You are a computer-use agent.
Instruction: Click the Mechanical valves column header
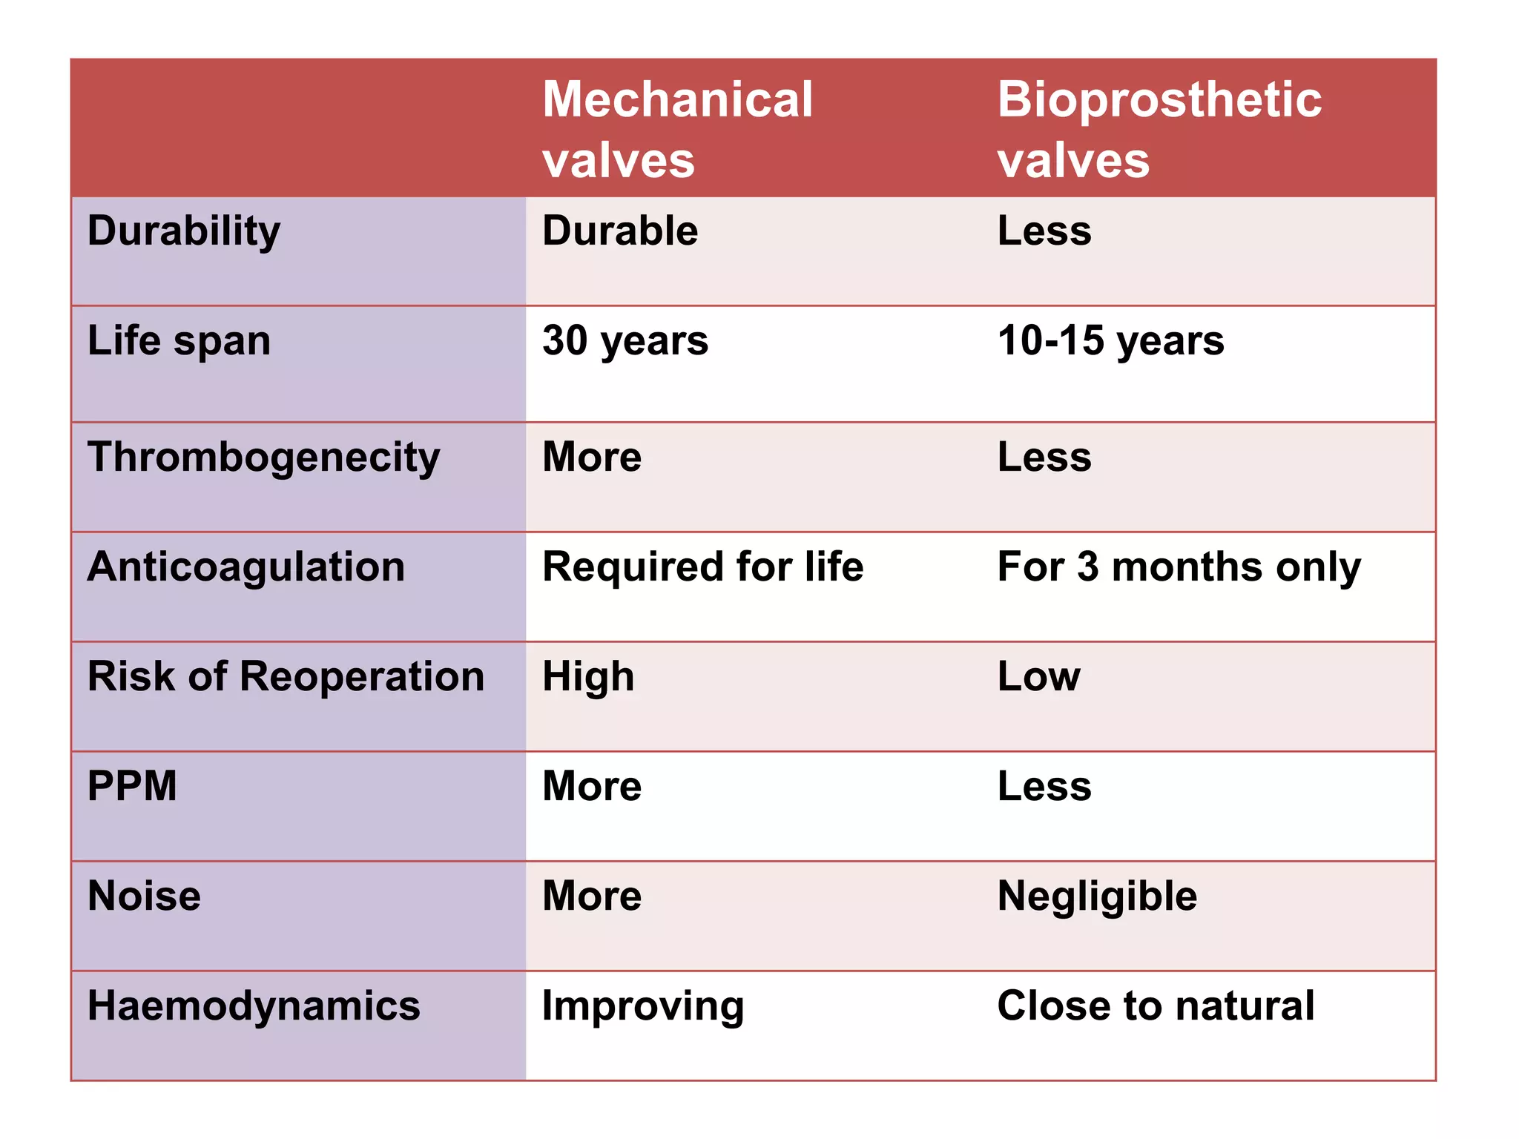(x=677, y=129)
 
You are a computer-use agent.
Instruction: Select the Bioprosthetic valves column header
(x=1159, y=129)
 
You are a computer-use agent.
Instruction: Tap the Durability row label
(x=184, y=231)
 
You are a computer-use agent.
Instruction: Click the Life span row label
(x=179, y=341)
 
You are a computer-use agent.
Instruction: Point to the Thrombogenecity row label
(x=263, y=457)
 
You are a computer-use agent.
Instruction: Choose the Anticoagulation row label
(x=246, y=567)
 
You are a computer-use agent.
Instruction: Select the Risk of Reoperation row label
(x=286, y=676)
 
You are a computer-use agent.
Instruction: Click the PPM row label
(x=132, y=786)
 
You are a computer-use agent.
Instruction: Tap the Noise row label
(x=144, y=896)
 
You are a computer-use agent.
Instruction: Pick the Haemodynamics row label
(x=254, y=1006)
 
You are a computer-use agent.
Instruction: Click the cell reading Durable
(x=620, y=231)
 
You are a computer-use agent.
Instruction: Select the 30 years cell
(x=625, y=341)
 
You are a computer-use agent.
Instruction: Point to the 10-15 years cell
(x=1110, y=341)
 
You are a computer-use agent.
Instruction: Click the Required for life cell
(x=702, y=567)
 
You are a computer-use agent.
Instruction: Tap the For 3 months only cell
(x=1179, y=567)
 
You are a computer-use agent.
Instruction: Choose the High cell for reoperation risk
(x=588, y=676)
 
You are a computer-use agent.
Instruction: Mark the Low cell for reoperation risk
(x=1038, y=676)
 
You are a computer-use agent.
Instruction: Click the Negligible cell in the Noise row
(x=1097, y=896)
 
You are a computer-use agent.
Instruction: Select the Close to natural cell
(x=1156, y=1006)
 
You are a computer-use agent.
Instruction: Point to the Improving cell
(x=643, y=1006)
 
